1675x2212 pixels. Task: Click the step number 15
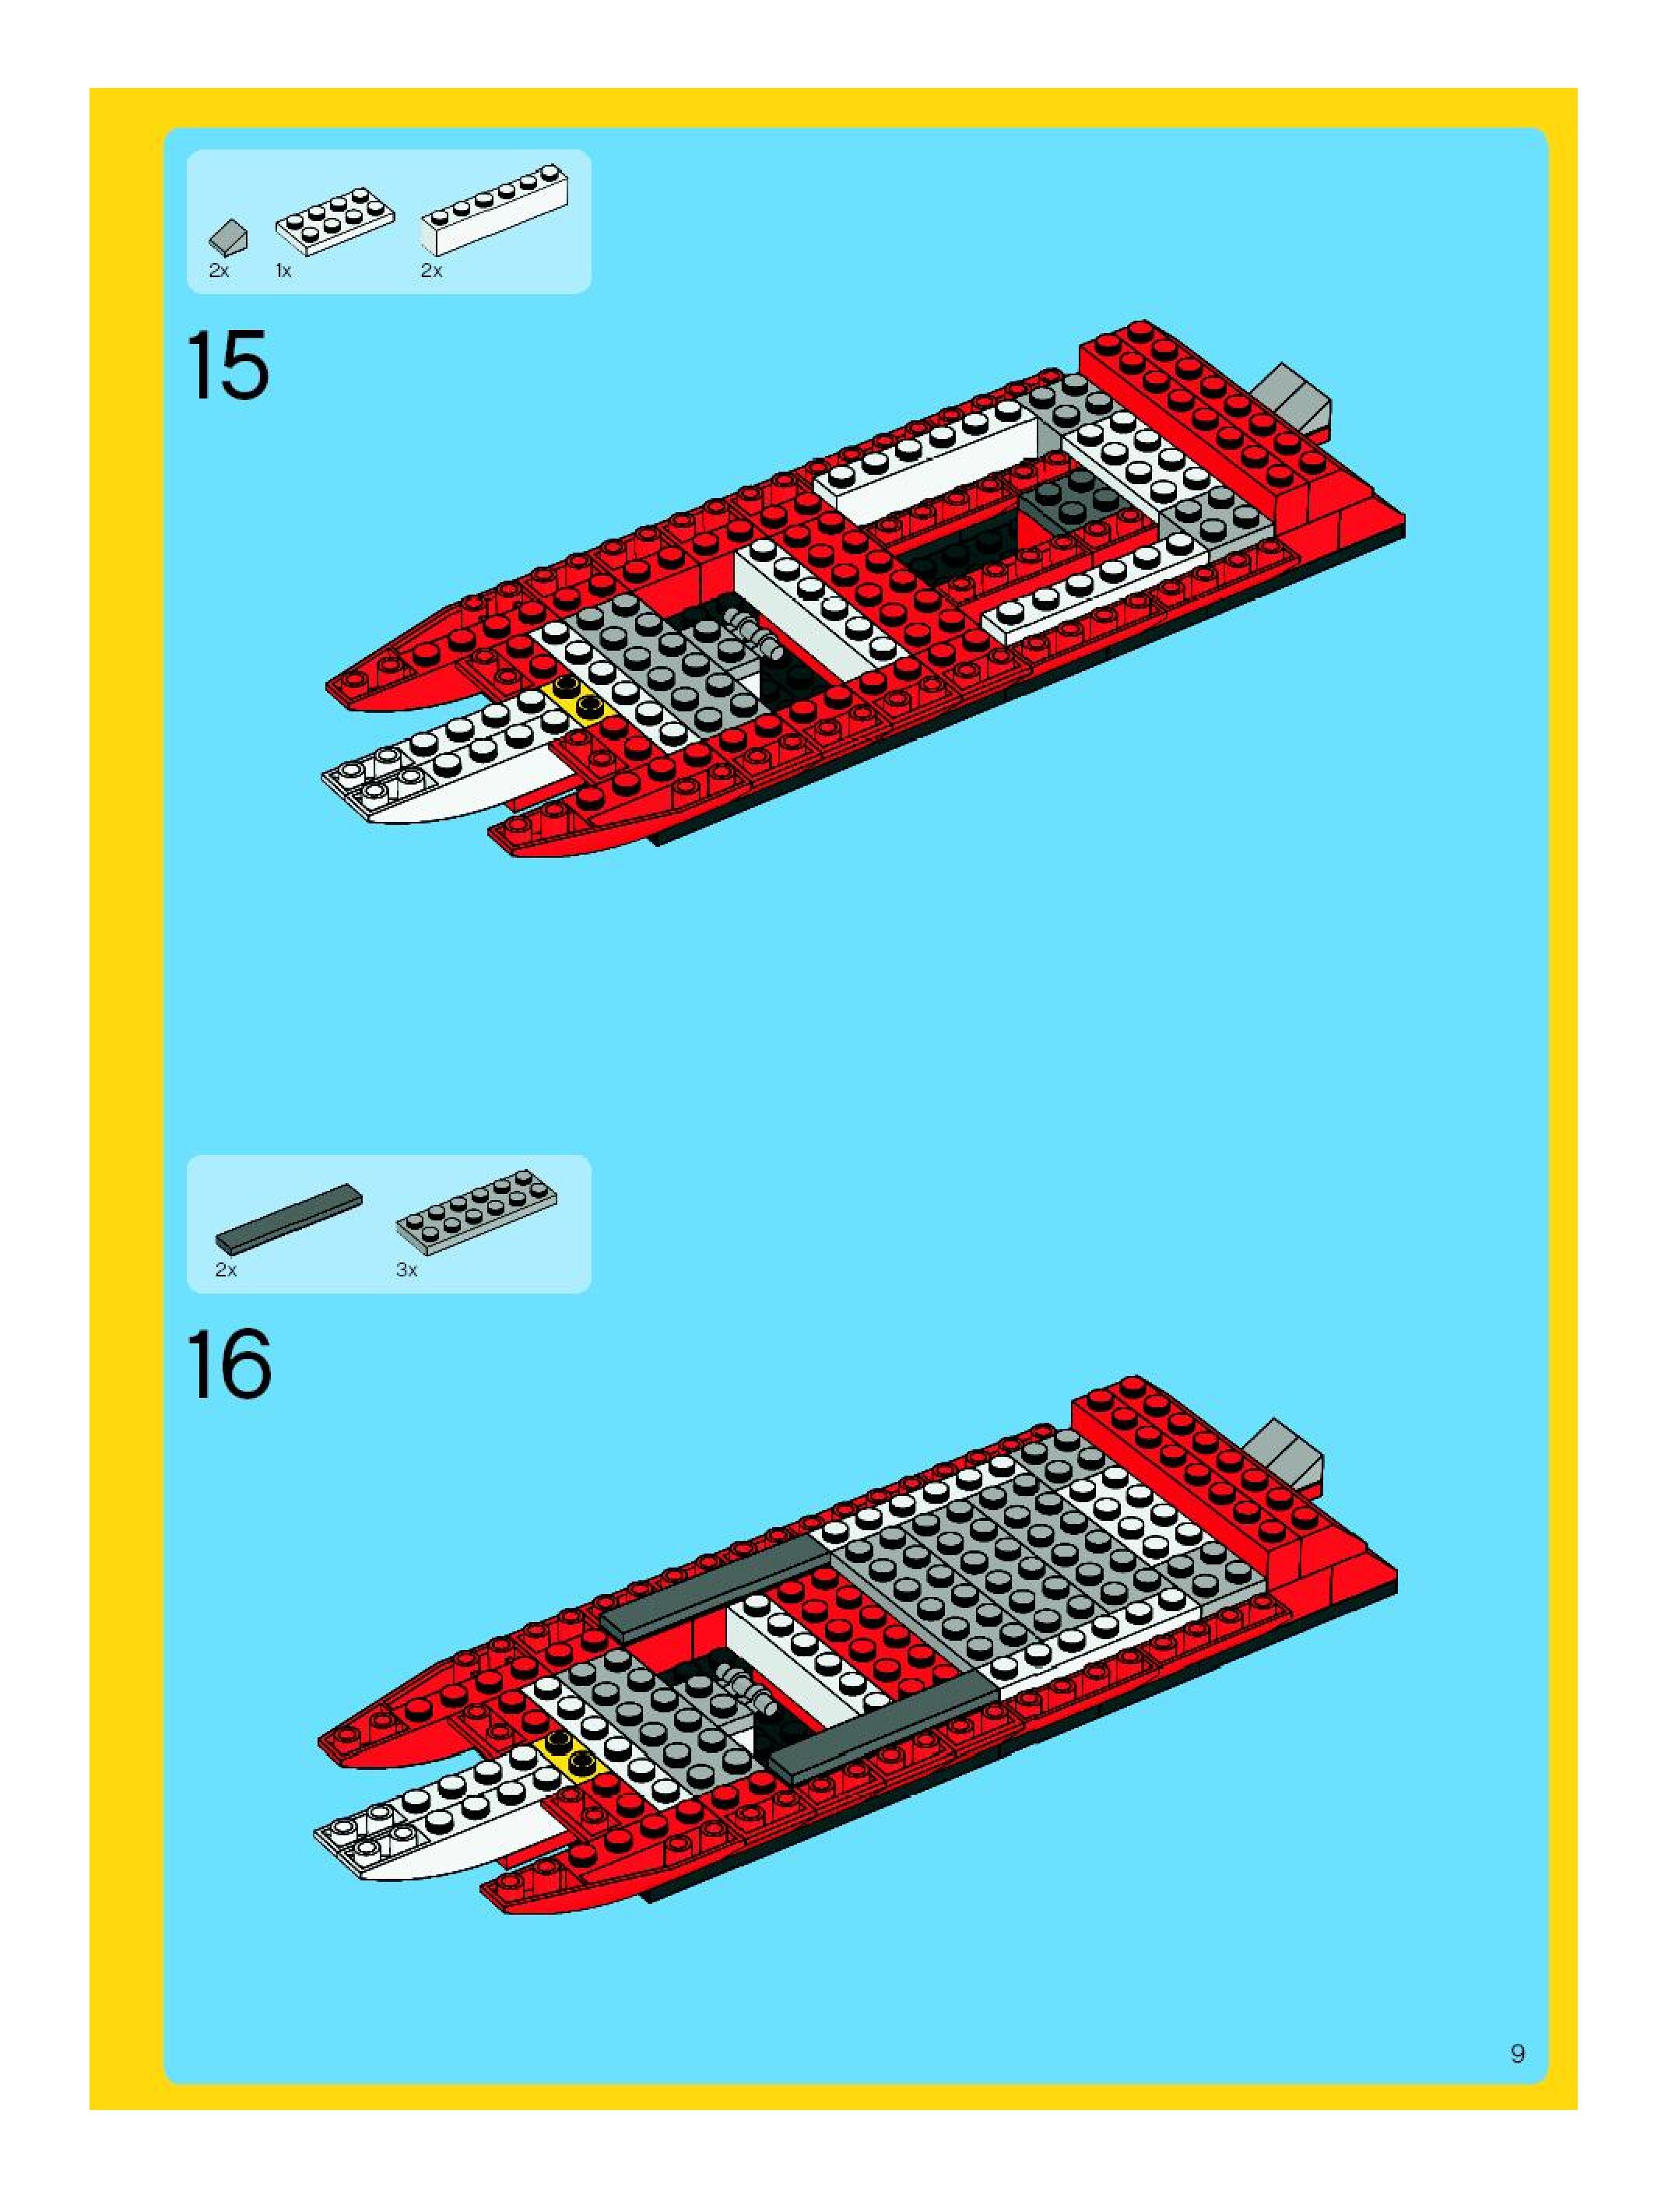pos(228,366)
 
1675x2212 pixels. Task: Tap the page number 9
pos(1517,2054)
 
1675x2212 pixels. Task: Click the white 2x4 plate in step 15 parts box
pos(334,220)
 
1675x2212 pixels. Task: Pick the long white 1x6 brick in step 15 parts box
pos(494,209)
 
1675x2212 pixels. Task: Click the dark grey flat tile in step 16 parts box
pos(289,1219)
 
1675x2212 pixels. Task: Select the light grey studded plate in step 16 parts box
pos(477,1211)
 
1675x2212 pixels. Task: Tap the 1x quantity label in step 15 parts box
pos(284,271)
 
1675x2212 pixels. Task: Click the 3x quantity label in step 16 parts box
pos(406,1270)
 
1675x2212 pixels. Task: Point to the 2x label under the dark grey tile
pos(226,1270)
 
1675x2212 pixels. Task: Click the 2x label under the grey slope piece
pos(219,271)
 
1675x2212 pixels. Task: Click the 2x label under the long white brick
pos(431,271)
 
